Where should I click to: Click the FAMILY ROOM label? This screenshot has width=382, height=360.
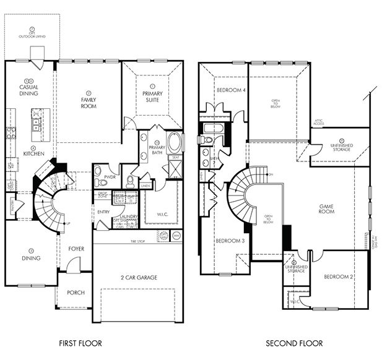coord(89,103)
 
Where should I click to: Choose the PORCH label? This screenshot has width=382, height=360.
coord(75,293)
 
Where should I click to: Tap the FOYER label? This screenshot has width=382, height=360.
coord(76,250)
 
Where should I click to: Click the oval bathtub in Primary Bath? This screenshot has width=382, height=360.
coord(175,144)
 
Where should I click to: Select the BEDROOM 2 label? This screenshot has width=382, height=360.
coord(338,276)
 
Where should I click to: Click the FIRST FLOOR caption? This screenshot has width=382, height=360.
coord(80,343)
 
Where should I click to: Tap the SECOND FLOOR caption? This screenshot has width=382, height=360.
coord(294,343)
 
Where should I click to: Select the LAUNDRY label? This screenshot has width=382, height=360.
coord(129,216)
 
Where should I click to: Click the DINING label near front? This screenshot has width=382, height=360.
coord(31,259)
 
